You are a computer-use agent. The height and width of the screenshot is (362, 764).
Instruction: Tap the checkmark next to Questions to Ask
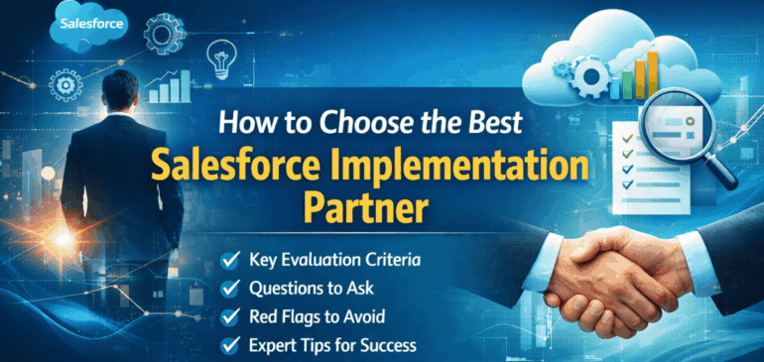pyautogui.click(x=230, y=290)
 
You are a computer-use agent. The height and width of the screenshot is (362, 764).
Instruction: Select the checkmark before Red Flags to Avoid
pyautogui.click(x=230, y=318)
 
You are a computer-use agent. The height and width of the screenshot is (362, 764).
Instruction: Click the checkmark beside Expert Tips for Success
pyautogui.click(x=230, y=346)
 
